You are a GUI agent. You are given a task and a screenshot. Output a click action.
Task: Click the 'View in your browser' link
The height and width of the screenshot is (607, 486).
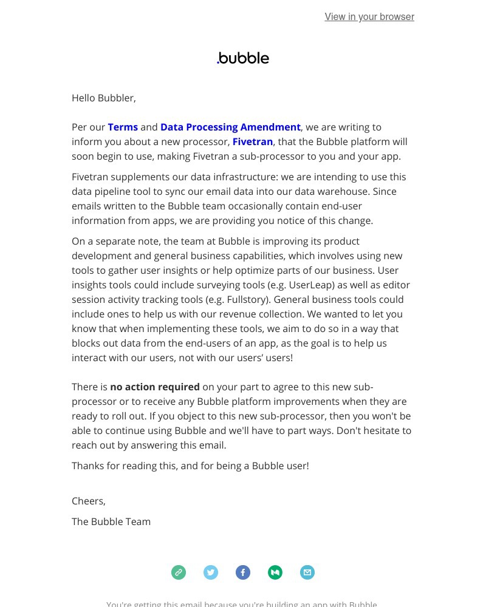tap(369, 17)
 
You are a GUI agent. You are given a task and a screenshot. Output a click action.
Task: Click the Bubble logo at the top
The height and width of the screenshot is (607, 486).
tap(243, 58)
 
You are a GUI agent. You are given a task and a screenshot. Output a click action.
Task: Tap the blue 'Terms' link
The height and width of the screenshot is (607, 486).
tap(123, 127)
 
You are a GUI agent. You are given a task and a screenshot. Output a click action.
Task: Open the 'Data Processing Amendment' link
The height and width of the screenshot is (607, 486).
tap(230, 127)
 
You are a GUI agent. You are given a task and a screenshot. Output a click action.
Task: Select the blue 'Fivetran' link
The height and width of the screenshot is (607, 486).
tap(252, 141)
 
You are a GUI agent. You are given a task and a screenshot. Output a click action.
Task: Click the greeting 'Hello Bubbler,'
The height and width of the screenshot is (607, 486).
tap(104, 98)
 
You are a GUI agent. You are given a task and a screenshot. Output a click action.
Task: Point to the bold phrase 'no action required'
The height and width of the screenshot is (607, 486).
tap(155, 387)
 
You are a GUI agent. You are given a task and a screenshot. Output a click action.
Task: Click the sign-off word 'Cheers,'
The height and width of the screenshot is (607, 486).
tap(89, 501)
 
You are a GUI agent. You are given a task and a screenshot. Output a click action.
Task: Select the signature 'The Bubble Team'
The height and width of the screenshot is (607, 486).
tap(111, 521)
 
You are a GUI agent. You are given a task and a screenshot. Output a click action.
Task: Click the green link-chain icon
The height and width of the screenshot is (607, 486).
tap(179, 572)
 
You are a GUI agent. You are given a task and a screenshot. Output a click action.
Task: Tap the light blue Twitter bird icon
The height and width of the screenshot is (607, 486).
tap(211, 572)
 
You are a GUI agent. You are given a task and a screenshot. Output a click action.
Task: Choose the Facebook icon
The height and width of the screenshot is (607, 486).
tap(243, 572)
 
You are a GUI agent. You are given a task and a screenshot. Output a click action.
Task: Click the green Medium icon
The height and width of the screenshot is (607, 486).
tap(275, 572)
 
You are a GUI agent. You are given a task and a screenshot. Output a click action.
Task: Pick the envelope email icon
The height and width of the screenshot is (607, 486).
tap(307, 572)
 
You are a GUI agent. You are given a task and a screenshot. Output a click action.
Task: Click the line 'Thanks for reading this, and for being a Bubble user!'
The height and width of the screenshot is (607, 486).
tap(190, 466)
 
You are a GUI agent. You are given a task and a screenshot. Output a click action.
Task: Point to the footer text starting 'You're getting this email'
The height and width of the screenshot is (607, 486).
tap(242, 604)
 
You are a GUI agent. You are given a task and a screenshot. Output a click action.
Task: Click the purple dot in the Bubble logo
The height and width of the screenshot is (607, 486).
tap(218, 62)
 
